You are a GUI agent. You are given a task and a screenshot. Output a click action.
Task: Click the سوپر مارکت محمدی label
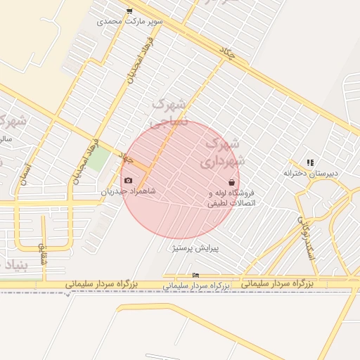[x=130, y=21]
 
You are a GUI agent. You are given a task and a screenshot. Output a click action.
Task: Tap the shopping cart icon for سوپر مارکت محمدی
[x=129, y=11]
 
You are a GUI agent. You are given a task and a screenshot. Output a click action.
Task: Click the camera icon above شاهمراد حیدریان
[x=127, y=181]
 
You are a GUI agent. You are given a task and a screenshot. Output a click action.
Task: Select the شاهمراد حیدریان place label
[x=127, y=191]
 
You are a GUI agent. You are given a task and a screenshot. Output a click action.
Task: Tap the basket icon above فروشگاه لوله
[x=231, y=183]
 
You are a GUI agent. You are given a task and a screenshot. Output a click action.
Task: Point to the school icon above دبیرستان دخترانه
[x=310, y=162]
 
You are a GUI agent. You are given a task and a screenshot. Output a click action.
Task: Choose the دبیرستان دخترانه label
[x=311, y=173]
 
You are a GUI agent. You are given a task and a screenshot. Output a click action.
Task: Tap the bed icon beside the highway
[x=195, y=275]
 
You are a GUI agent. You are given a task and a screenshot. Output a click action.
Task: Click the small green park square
[x=98, y=157]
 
